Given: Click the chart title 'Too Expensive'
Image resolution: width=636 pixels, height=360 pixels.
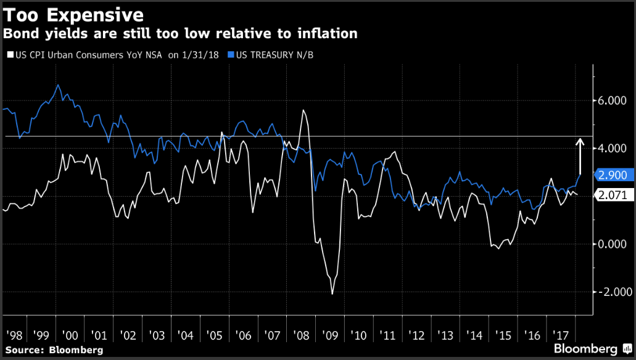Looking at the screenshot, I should (x=74, y=14).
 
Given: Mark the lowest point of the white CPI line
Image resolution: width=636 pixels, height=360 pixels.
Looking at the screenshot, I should (x=332, y=294).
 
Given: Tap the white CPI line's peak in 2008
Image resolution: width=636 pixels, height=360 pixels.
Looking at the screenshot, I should (x=304, y=110).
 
